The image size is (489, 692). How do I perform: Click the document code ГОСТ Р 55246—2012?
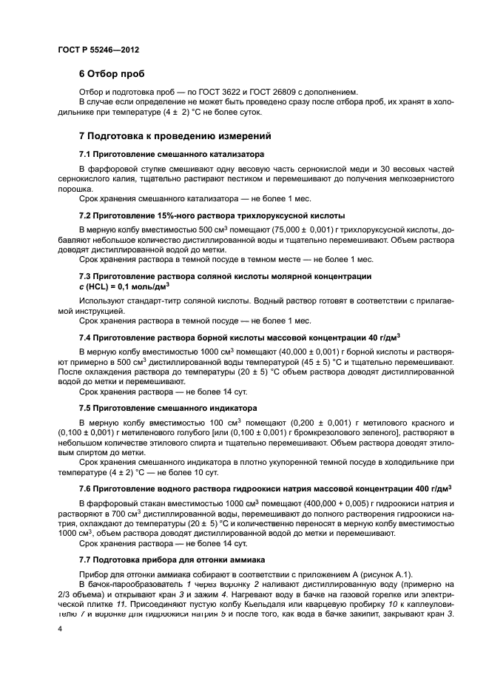(x=98, y=49)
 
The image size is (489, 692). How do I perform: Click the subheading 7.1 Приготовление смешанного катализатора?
(x=172, y=155)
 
